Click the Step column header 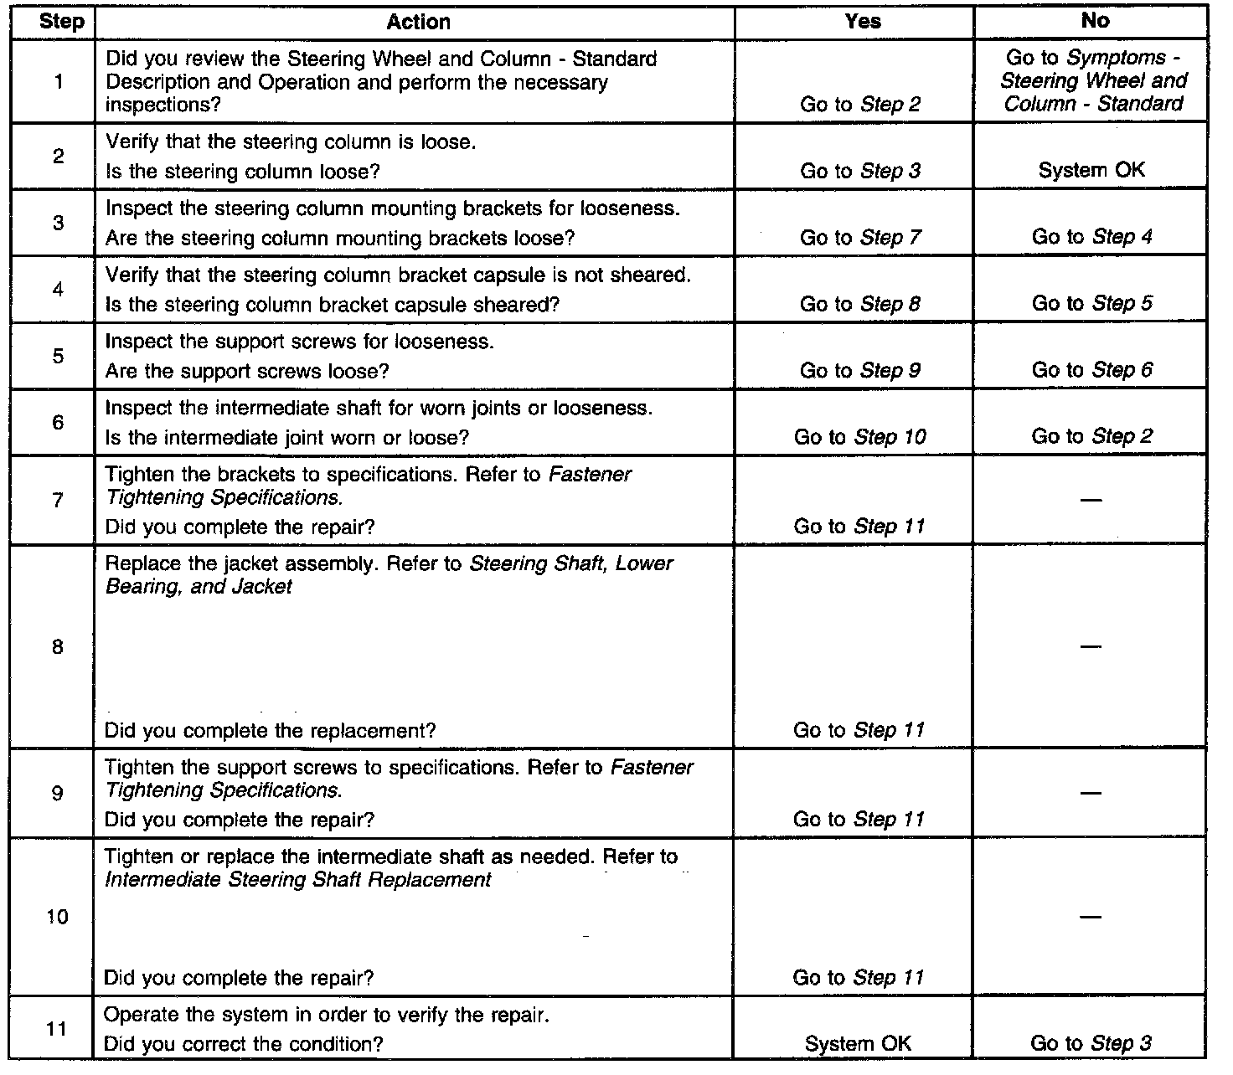[x=61, y=22]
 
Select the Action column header [x=419, y=22]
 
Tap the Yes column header [x=863, y=21]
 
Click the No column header [x=1095, y=20]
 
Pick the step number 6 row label [x=58, y=423]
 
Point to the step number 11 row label [x=56, y=1029]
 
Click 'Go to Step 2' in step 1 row [x=860, y=105]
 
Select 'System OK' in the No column [x=1091, y=171]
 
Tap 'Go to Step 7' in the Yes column [x=860, y=238]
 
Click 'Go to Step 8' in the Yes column [x=860, y=304]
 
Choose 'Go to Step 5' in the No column [x=1091, y=303]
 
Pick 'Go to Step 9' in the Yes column [x=860, y=371]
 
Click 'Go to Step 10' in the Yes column [x=860, y=437]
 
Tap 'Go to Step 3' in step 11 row [x=1091, y=1043]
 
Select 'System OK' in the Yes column [x=858, y=1044]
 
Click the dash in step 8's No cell [x=1091, y=646]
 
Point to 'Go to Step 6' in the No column [x=1091, y=370]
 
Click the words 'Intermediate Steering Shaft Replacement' [x=298, y=880]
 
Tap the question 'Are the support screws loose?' [x=247, y=371]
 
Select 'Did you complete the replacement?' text [x=270, y=731]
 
